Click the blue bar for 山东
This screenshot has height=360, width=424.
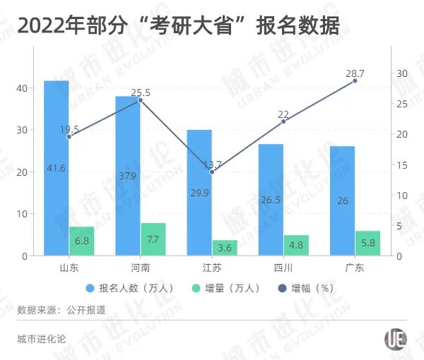click(57, 168)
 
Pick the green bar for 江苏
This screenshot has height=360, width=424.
click(225, 248)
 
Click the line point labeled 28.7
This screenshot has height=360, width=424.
click(355, 81)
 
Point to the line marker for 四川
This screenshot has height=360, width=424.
click(283, 121)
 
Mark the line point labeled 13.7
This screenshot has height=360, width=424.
click(212, 172)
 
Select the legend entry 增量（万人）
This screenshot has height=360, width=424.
click(225, 288)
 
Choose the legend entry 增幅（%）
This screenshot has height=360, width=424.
click(307, 288)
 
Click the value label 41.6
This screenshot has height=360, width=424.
click(57, 168)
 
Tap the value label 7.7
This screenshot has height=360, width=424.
click(153, 240)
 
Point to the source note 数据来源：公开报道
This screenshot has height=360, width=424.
click(61, 310)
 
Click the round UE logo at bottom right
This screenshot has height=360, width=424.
click(396, 340)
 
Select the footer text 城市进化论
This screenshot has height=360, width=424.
click(41, 340)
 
